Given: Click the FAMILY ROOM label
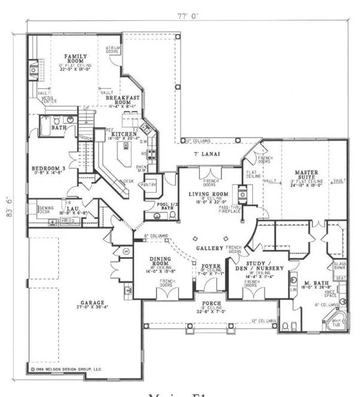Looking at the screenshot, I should [x=77, y=59].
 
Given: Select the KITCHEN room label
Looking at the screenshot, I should [x=123, y=134].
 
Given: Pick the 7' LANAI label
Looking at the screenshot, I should [x=205, y=154].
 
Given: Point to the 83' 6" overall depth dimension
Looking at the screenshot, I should [x=8, y=200].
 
